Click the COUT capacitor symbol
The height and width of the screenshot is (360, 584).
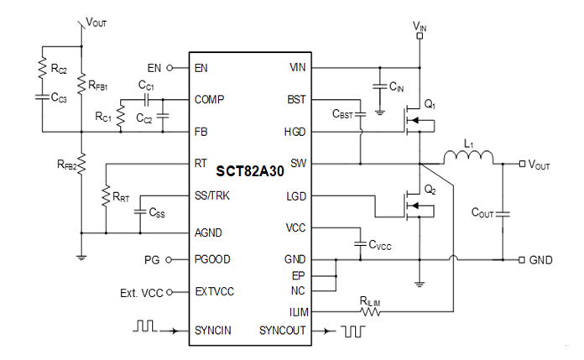[x=503, y=213]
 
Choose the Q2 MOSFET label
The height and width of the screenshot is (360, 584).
[x=430, y=188]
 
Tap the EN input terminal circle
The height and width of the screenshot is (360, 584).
[x=170, y=67]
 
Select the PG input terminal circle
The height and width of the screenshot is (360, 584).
[x=170, y=259]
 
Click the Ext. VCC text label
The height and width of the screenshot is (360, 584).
[x=142, y=292]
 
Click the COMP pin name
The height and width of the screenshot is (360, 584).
[x=209, y=99]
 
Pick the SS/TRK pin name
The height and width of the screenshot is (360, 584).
[x=213, y=196]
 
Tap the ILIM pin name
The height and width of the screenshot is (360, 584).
[x=295, y=311]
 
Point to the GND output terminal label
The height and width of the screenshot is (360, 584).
[x=540, y=260]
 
